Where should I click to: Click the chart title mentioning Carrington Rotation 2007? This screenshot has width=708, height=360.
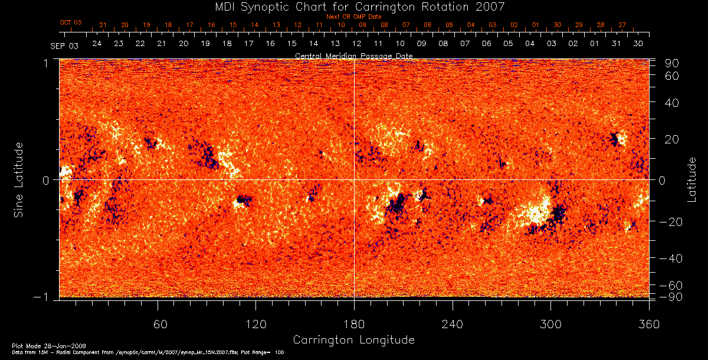(x=353, y=7)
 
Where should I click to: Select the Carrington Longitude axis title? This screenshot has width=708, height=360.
(x=353, y=340)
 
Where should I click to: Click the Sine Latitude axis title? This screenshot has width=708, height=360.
(x=19, y=179)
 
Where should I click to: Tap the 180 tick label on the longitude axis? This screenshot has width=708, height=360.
(x=354, y=324)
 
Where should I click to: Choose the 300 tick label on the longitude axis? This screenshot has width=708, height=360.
(x=550, y=324)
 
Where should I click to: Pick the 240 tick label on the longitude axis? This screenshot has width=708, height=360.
(x=453, y=324)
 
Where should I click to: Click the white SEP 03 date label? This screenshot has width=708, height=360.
(x=64, y=46)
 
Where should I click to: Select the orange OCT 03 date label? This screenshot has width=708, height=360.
(x=71, y=22)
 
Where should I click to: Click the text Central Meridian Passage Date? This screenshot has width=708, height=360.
(x=353, y=56)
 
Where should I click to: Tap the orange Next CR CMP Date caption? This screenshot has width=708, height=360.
(x=353, y=17)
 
